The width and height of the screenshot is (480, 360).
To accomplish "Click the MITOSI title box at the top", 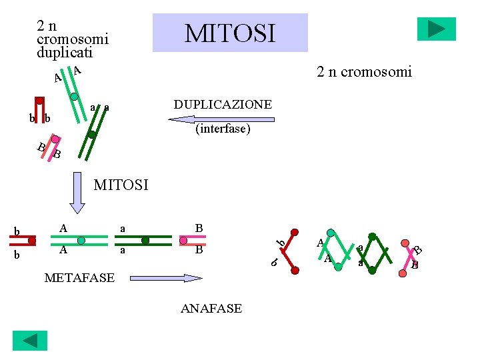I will click(230, 33).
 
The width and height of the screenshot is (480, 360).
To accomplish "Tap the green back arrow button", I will click(30, 341).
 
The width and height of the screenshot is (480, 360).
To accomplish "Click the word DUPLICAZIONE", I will click(223, 105).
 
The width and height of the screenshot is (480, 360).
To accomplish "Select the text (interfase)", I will click(223, 129).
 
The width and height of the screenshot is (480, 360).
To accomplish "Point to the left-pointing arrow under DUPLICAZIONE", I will click(221, 119).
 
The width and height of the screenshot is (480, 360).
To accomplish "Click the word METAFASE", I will click(79, 277).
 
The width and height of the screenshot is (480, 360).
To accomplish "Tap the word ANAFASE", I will click(211, 308).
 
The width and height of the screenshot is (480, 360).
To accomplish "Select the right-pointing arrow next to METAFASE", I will click(165, 277).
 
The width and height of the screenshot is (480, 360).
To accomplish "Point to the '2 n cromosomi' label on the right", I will click(365, 71).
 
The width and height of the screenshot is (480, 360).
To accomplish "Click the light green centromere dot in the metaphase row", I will click(81, 240).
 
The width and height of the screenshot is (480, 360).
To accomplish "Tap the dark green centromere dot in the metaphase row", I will click(145, 240).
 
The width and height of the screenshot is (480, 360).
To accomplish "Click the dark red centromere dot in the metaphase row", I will click(32, 240).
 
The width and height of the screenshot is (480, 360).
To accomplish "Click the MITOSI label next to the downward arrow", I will click(121, 185).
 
